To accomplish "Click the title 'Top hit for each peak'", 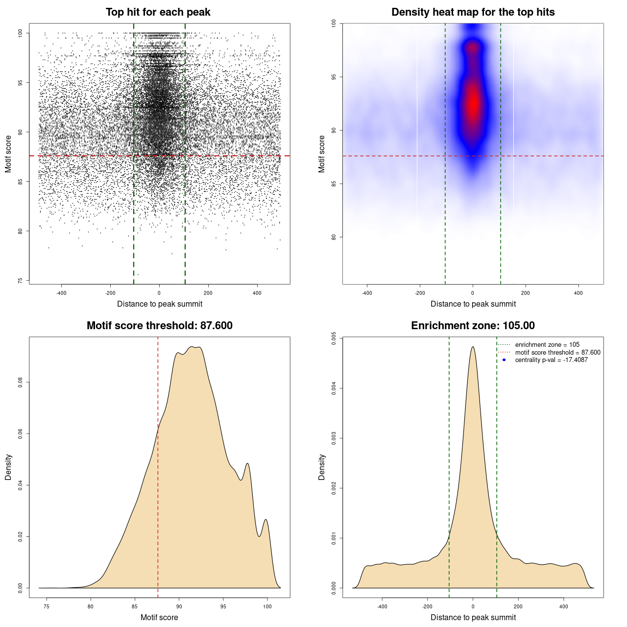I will [158, 12].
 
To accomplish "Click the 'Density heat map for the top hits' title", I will [473, 12].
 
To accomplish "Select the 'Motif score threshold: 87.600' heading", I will [159, 326].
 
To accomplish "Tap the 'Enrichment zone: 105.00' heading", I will [473, 326].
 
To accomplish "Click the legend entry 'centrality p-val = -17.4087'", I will [551, 360].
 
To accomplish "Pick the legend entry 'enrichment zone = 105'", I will [547, 345].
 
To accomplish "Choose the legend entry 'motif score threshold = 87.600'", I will [557, 353].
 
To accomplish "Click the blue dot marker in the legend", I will [504, 360].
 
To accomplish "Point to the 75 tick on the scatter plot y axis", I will [21, 281].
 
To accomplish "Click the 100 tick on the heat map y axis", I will [334, 24].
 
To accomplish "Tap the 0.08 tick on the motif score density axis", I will [21, 382].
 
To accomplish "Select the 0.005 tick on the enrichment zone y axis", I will [334, 338].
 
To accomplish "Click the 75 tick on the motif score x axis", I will [47, 607].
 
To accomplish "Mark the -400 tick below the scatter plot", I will [61, 293].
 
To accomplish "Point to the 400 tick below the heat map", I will [579, 293].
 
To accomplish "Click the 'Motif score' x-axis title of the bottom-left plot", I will [159, 618].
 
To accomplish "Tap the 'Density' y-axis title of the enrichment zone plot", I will [322, 467].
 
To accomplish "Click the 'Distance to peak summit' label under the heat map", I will [473, 304].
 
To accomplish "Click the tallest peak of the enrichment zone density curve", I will [473, 347].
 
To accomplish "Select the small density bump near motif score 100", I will [265, 520].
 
